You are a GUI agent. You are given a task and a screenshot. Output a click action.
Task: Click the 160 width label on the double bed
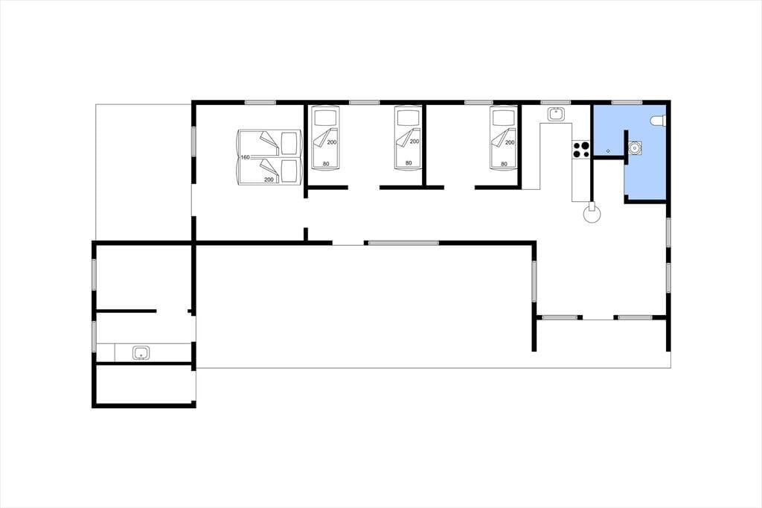pos(245,157)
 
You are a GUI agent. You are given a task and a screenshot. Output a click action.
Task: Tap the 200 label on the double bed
pos(269,180)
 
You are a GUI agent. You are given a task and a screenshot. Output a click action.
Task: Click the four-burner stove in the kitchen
pos(580,150)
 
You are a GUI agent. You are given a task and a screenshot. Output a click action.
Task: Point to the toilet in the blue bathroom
pos(659,121)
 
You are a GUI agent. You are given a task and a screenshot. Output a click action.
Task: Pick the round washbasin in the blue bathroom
pos(634,147)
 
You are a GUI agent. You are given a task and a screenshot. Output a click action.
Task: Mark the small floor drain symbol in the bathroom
pos(608,151)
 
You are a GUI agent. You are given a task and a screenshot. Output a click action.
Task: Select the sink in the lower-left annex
pos(141,353)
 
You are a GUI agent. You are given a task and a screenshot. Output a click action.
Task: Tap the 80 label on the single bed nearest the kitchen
pos(504,164)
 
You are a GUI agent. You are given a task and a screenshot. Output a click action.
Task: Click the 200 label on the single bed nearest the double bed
pos(332,142)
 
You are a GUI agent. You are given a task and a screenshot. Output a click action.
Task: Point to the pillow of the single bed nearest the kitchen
pos(502,118)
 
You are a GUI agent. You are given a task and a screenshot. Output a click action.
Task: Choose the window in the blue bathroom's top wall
pos(627,103)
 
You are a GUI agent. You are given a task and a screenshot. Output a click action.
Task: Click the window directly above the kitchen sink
pos(555,103)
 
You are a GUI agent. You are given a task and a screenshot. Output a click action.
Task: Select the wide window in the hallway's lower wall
pos(403,243)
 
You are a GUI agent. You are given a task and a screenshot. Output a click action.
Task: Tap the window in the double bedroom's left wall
pos(193,141)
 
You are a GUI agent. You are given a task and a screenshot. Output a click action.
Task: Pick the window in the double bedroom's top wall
pos(260,103)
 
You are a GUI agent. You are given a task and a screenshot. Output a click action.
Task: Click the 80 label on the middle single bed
pos(409,163)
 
